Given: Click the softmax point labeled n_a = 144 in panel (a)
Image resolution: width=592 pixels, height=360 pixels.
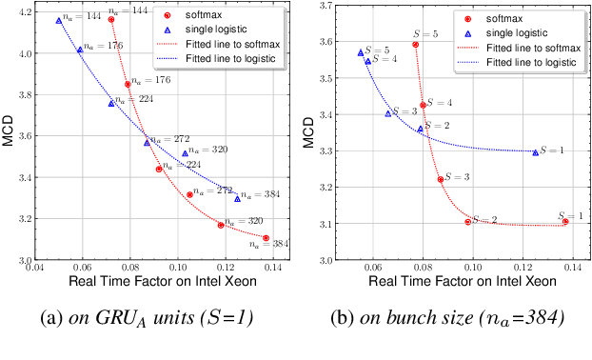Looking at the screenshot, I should [x=111, y=19].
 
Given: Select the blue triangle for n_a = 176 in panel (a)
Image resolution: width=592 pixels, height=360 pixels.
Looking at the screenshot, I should [x=80, y=50].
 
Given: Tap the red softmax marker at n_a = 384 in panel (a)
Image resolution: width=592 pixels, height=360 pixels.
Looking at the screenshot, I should [x=266, y=238].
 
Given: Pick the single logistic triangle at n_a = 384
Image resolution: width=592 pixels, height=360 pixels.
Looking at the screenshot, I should [x=237, y=198].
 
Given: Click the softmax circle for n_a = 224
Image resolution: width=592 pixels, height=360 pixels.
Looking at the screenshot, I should [x=159, y=169].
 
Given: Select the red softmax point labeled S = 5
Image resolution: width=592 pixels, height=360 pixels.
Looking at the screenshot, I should [x=416, y=44].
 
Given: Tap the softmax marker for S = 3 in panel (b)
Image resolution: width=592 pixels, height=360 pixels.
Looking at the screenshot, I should [x=441, y=179].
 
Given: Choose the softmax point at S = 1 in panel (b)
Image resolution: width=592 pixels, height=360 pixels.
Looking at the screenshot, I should [x=565, y=221].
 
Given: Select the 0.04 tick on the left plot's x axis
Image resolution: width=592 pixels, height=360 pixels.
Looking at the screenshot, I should [x=35, y=268].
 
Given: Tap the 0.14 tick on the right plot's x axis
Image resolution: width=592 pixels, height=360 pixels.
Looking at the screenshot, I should [x=573, y=268].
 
